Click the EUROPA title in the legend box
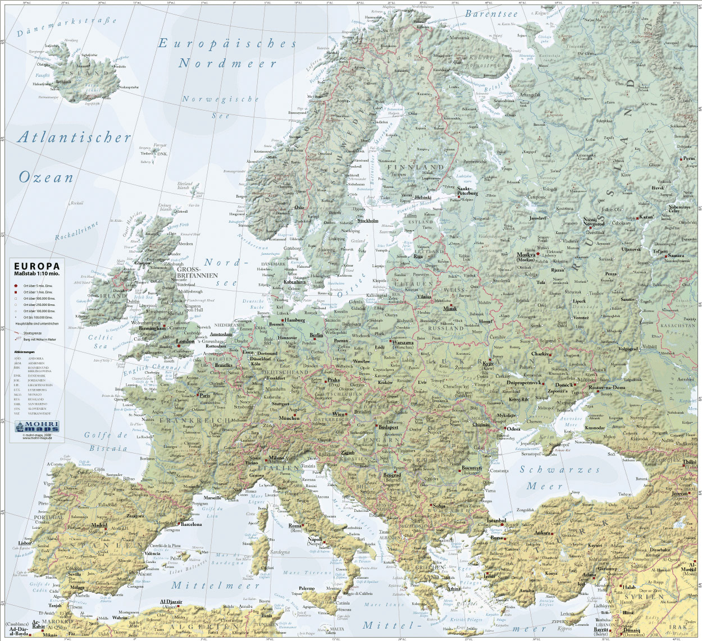pos(37,266)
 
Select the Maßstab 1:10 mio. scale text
pos(37,273)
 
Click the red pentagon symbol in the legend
pos(16,286)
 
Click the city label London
pos(185,341)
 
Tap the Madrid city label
pos(99,525)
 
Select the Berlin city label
pos(316,335)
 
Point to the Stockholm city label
pos(368,221)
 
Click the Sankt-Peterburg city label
pos(467,191)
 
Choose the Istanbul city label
pos(496,520)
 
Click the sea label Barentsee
pos(491,14)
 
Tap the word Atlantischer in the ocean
pos(75,137)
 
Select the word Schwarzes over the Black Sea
pos(559,470)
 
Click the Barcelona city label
pos(190,525)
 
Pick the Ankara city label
pos(542,532)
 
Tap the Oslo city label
pos(299,207)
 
